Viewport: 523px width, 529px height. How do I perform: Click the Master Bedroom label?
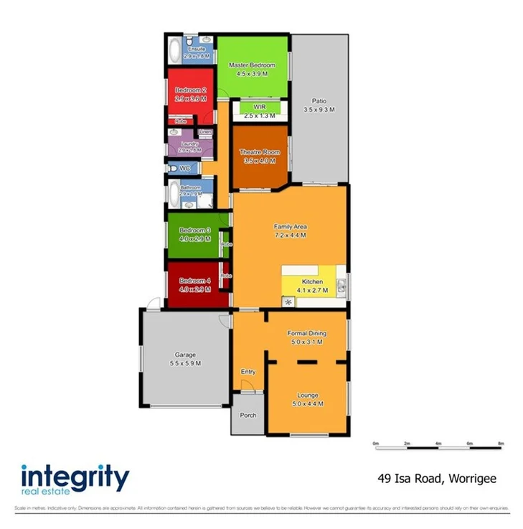(252, 65)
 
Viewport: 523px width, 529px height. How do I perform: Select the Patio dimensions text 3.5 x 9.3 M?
(319, 110)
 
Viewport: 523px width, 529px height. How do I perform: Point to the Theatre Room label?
(259, 152)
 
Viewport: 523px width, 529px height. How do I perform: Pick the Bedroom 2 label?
(190, 90)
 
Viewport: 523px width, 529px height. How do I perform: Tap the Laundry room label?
(189, 144)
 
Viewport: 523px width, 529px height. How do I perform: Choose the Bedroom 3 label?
(194, 230)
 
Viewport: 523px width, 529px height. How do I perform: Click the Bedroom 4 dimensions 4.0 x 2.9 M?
(194, 289)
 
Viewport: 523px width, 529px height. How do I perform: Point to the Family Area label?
(291, 226)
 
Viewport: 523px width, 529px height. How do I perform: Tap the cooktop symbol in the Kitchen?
(288, 302)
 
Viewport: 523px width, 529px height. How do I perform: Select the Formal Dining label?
(306, 333)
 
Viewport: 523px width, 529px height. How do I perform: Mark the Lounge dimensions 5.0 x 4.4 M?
(308, 404)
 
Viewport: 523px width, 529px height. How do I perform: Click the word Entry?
(248, 372)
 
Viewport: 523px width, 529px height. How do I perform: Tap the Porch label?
(248, 416)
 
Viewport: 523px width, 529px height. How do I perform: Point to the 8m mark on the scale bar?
(501, 444)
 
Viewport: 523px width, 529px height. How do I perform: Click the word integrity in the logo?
(75, 477)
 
